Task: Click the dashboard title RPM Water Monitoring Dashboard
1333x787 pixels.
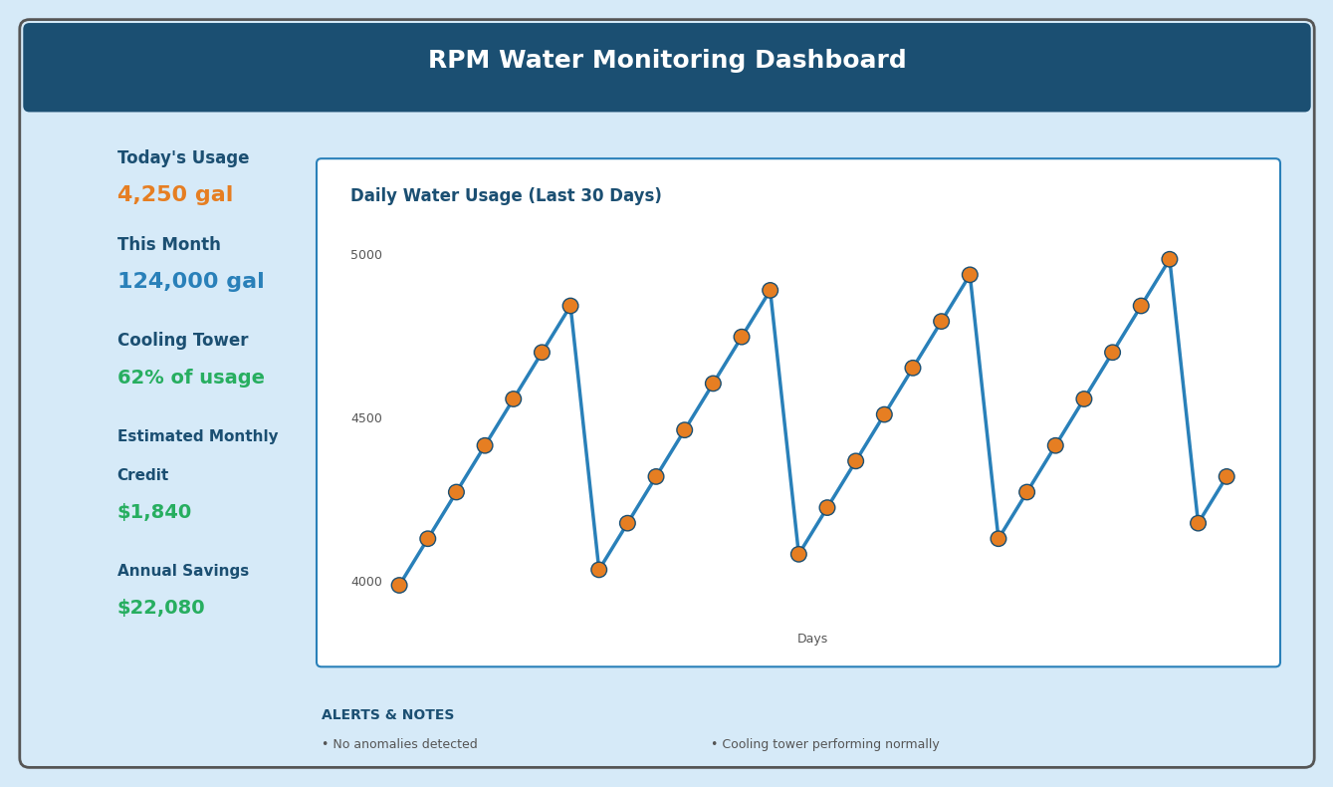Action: (666, 61)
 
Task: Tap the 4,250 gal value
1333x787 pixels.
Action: (175, 195)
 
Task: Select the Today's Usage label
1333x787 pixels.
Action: (183, 158)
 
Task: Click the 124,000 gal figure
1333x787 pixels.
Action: (190, 282)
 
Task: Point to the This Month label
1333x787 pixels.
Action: (169, 245)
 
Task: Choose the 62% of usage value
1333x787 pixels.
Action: (190, 379)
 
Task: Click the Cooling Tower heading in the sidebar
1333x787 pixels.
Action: (182, 341)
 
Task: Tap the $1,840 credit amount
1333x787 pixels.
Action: (154, 512)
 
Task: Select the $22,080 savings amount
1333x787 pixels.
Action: (160, 608)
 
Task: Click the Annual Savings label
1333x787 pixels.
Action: (183, 572)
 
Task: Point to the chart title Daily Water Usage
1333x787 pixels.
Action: (506, 196)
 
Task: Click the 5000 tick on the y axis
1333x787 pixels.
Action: (365, 255)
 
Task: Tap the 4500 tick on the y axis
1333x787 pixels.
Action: (365, 418)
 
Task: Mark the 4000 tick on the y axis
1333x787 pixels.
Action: (365, 582)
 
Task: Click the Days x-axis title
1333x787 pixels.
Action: (811, 640)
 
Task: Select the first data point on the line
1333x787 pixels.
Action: (399, 585)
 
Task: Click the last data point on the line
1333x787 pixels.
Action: (1226, 476)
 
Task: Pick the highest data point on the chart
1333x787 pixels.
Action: (1169, 259)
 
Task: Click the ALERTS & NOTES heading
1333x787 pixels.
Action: (387, 715)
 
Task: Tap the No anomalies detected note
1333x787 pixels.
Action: (399, 744)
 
